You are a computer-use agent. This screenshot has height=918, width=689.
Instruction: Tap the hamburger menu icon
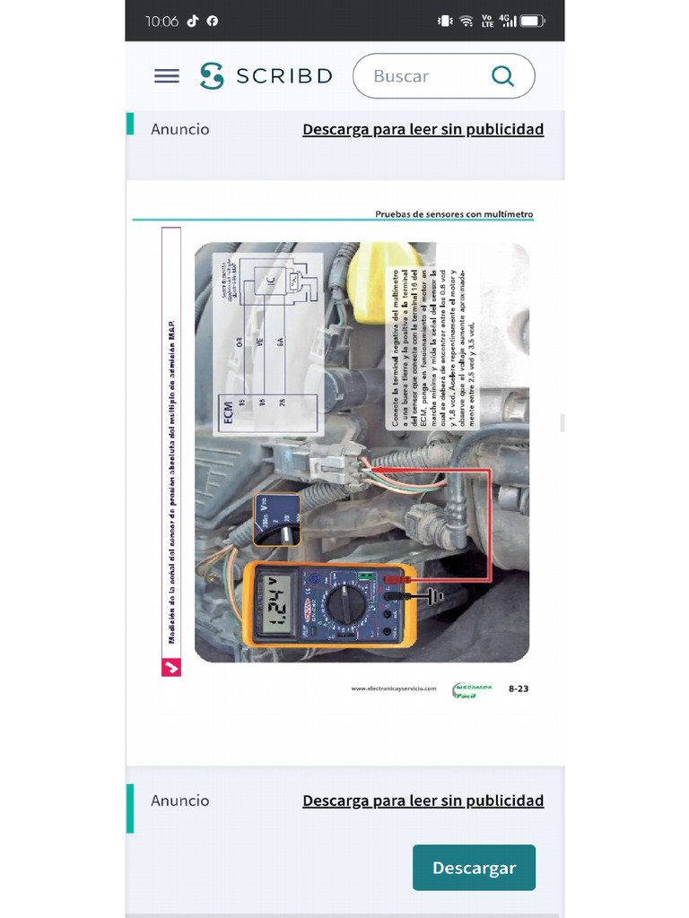(167, 76)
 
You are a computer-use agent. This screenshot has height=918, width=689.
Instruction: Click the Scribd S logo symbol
(212, 76)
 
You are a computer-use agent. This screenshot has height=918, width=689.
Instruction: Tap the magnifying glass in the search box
(503, 76)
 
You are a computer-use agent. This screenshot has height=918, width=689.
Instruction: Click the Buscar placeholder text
(401, 77)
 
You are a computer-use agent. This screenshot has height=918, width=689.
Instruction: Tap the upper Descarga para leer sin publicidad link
(423, 129)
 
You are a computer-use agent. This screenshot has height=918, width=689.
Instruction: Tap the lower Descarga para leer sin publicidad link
(423, 801)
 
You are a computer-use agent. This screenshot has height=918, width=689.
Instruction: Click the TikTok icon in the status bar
(193, 21)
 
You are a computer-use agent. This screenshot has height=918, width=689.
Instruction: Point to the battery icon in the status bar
(533, 21)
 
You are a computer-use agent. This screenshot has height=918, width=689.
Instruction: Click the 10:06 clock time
(162, 21)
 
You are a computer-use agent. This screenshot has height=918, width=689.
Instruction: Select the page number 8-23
(519, 688)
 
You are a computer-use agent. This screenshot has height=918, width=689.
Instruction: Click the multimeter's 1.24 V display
(277, 605)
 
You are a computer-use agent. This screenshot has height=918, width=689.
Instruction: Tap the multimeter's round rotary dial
(344, 605)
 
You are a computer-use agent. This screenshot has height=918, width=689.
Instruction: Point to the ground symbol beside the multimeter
(436, 596)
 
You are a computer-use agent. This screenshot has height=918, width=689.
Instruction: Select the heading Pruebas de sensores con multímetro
(454, 214)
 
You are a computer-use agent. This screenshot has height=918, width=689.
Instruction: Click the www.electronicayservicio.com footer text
(394, 688)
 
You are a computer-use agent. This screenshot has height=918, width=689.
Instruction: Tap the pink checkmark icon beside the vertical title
(170, 667)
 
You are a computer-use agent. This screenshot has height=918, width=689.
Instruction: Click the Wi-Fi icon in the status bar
(467, 21)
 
